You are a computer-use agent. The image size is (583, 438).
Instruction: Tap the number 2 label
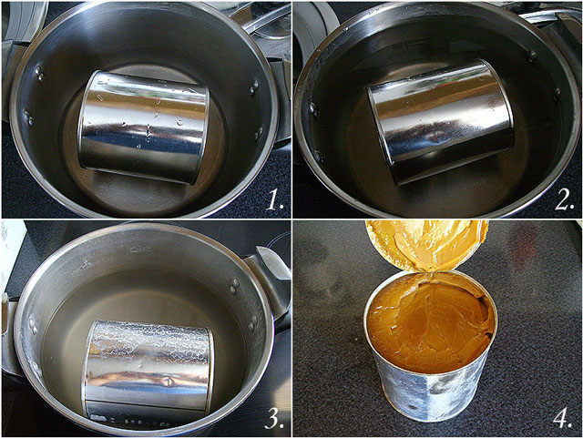[565, 203]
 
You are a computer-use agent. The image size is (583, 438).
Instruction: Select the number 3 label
[274, 420]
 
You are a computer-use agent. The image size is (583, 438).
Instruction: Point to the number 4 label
[563, 419]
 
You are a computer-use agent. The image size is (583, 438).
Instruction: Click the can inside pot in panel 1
[143, 127]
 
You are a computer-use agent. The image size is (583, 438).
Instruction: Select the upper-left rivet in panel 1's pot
[39, 73]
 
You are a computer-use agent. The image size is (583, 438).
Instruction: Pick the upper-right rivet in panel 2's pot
[533, 56]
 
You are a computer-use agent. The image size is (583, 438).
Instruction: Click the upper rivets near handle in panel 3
[235, 285]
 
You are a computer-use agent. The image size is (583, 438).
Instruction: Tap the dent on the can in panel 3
[169, 382]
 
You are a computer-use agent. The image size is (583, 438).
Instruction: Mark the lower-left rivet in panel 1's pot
[28, 117]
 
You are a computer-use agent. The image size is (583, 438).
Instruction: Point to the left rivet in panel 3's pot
[33, 326]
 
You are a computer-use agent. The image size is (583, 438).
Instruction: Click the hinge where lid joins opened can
[430, 274]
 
